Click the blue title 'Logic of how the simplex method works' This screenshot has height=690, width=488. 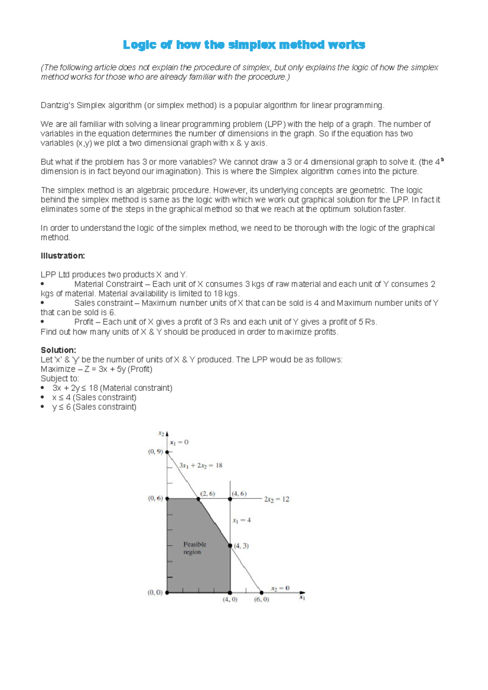(244, 45)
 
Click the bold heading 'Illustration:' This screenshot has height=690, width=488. (63, 256)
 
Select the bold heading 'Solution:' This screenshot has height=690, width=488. (58, 350)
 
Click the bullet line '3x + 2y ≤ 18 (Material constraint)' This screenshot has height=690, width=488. (112, 388)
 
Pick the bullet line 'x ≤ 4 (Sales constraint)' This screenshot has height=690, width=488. (94, 397)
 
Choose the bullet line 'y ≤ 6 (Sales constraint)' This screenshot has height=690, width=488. (94, 407)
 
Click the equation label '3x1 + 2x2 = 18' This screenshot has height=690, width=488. (201, 466)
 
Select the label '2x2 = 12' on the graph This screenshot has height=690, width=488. (277, 499)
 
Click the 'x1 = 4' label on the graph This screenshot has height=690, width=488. (242, 520)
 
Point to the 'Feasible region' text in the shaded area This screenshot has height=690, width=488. (194, 548)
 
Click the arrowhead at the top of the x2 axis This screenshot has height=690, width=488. (167, 434)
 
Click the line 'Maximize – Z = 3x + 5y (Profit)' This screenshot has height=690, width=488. (96, 369)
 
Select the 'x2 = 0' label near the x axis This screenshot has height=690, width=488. (280, 588)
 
